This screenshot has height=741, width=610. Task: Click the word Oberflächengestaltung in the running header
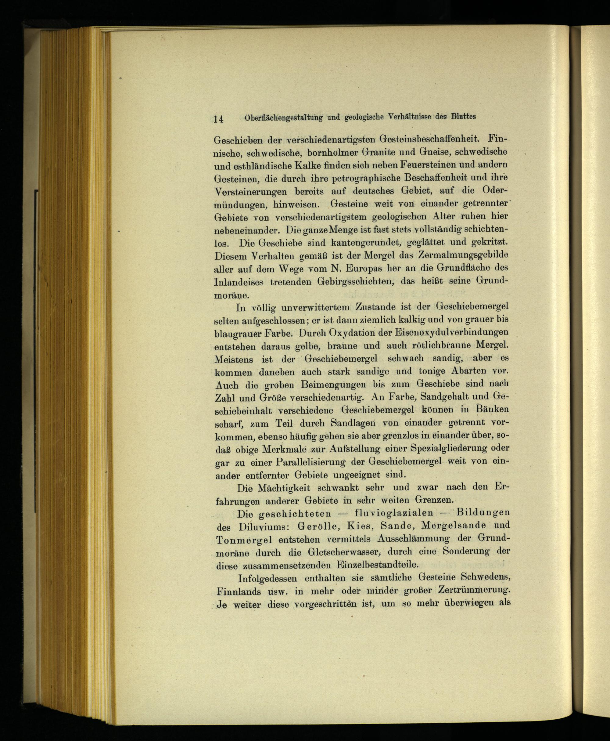pos(283,118)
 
